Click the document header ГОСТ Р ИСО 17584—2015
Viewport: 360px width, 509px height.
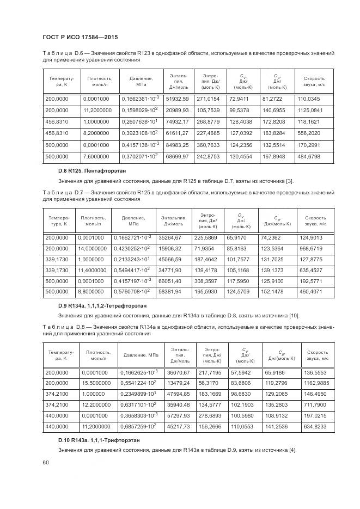pyautogui.click(x=80, y=36)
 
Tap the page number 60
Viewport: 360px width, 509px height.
pyautogui.click(x=46, y=462)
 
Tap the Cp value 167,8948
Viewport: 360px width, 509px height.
pyautogui.click(x=274, y=157)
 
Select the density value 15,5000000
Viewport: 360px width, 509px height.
pyautogui.click(x=97, y=383)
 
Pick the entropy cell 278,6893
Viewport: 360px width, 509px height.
pyautogui.click(x=210, y=415)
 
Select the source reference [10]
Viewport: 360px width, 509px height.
pyautogui.click(x=309, y=316)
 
